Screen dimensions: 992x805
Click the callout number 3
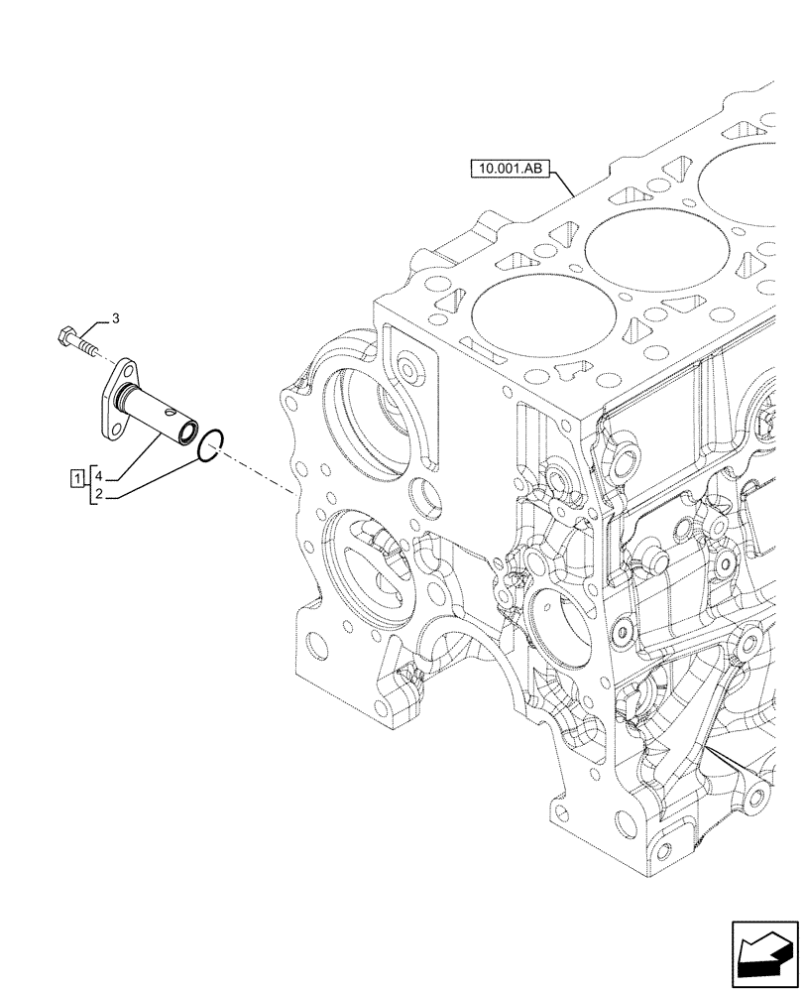click(115, 318)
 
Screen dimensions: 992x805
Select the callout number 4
click(101, 474)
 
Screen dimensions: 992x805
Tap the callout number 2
click(101, 493)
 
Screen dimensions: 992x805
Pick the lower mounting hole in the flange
click(111, 427)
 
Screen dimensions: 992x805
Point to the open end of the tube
click(184, 433)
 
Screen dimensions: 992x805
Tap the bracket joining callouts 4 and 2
click(91, 484)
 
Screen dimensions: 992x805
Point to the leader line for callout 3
click(91, 326)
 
